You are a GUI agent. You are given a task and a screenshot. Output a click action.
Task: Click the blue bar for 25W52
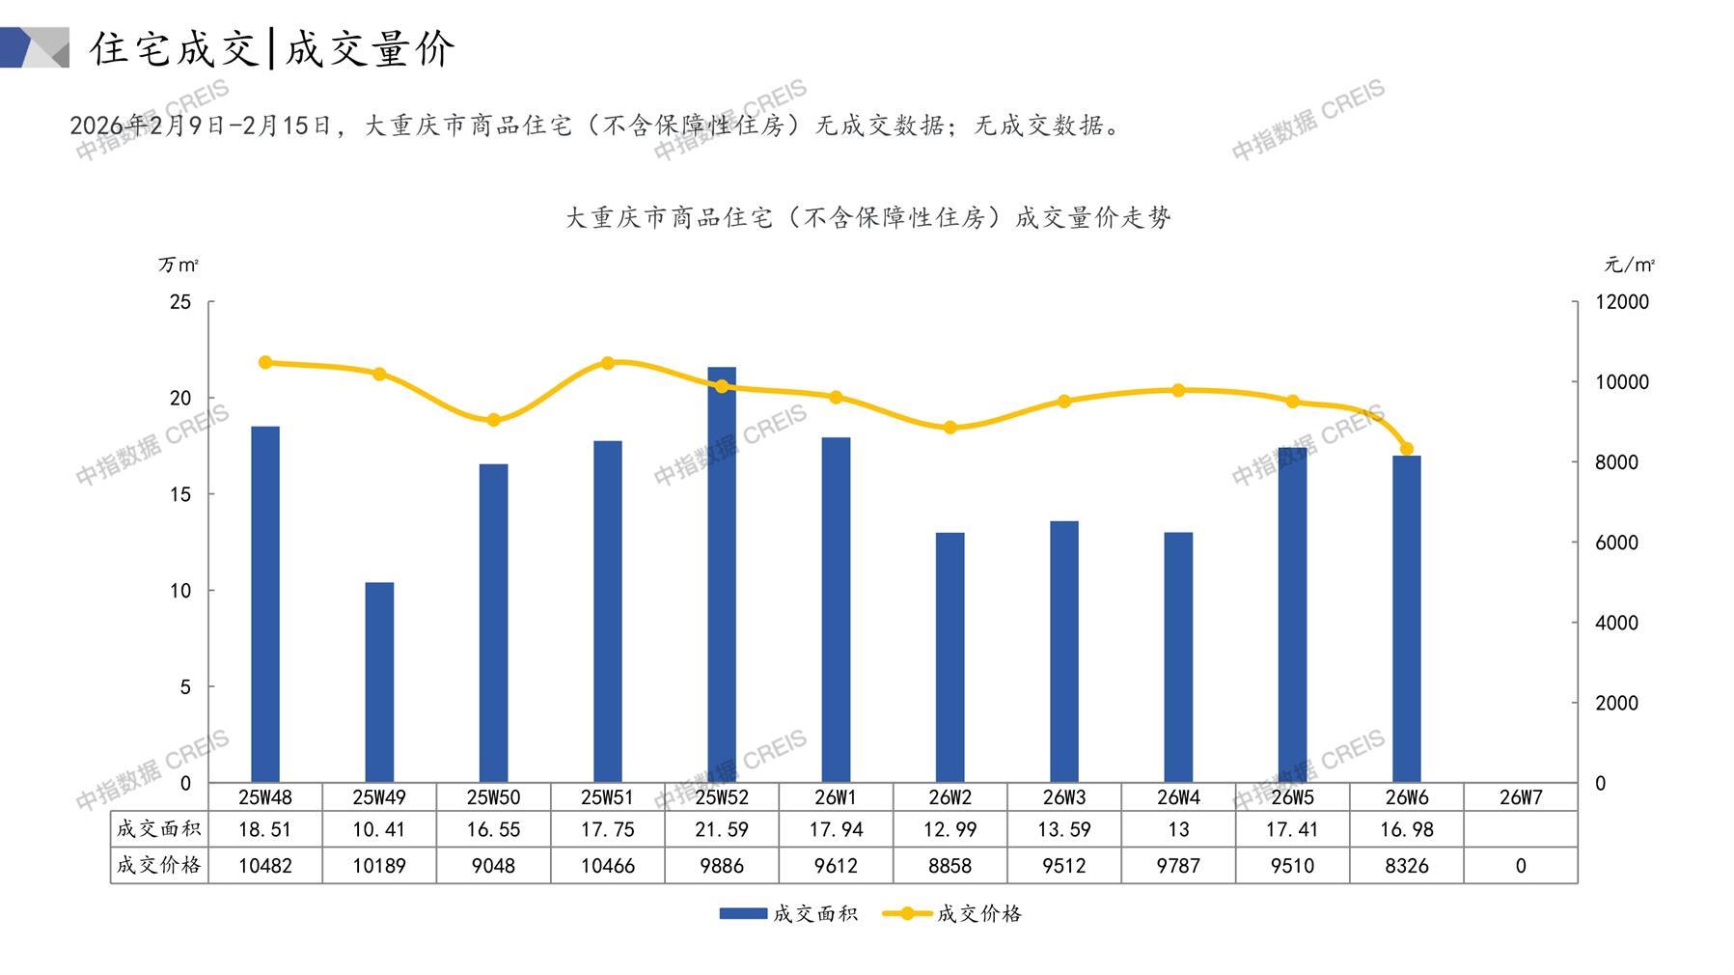[722, 574]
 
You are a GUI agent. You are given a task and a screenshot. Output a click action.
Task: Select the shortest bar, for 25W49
[379, 682]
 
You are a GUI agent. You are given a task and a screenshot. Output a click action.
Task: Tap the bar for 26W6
[1406, 618]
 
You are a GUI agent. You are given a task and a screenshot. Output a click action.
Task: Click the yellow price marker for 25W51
[608, 364]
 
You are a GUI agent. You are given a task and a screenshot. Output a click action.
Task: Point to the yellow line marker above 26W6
[1406, 449]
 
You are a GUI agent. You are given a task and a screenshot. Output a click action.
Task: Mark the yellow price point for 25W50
[493, 420]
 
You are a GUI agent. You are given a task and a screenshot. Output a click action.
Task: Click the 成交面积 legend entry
[788, 913]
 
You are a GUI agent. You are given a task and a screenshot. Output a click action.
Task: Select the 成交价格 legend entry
[952, 913]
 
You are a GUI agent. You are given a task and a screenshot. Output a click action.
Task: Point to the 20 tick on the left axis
[180, 398]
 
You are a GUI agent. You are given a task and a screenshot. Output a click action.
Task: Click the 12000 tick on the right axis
[1622, 302]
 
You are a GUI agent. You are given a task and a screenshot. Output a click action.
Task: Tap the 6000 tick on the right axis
[1616, 543]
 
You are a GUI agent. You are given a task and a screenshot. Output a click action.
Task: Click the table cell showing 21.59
[722, 829]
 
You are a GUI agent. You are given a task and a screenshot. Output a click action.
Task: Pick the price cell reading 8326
[1406, 866]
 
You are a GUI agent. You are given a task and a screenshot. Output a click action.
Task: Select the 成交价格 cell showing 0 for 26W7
[1520, 866]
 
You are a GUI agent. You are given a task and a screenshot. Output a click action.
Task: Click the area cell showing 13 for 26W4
[1178, 829]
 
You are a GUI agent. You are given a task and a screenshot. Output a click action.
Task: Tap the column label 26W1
[836, 797]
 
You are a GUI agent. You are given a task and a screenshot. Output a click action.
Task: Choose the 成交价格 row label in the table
[159, 865]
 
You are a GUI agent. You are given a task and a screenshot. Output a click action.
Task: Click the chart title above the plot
[867, 217]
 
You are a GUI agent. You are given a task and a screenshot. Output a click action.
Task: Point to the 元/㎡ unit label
[1630, 265]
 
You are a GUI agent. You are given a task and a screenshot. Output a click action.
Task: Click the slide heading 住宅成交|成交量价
[273, 48]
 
